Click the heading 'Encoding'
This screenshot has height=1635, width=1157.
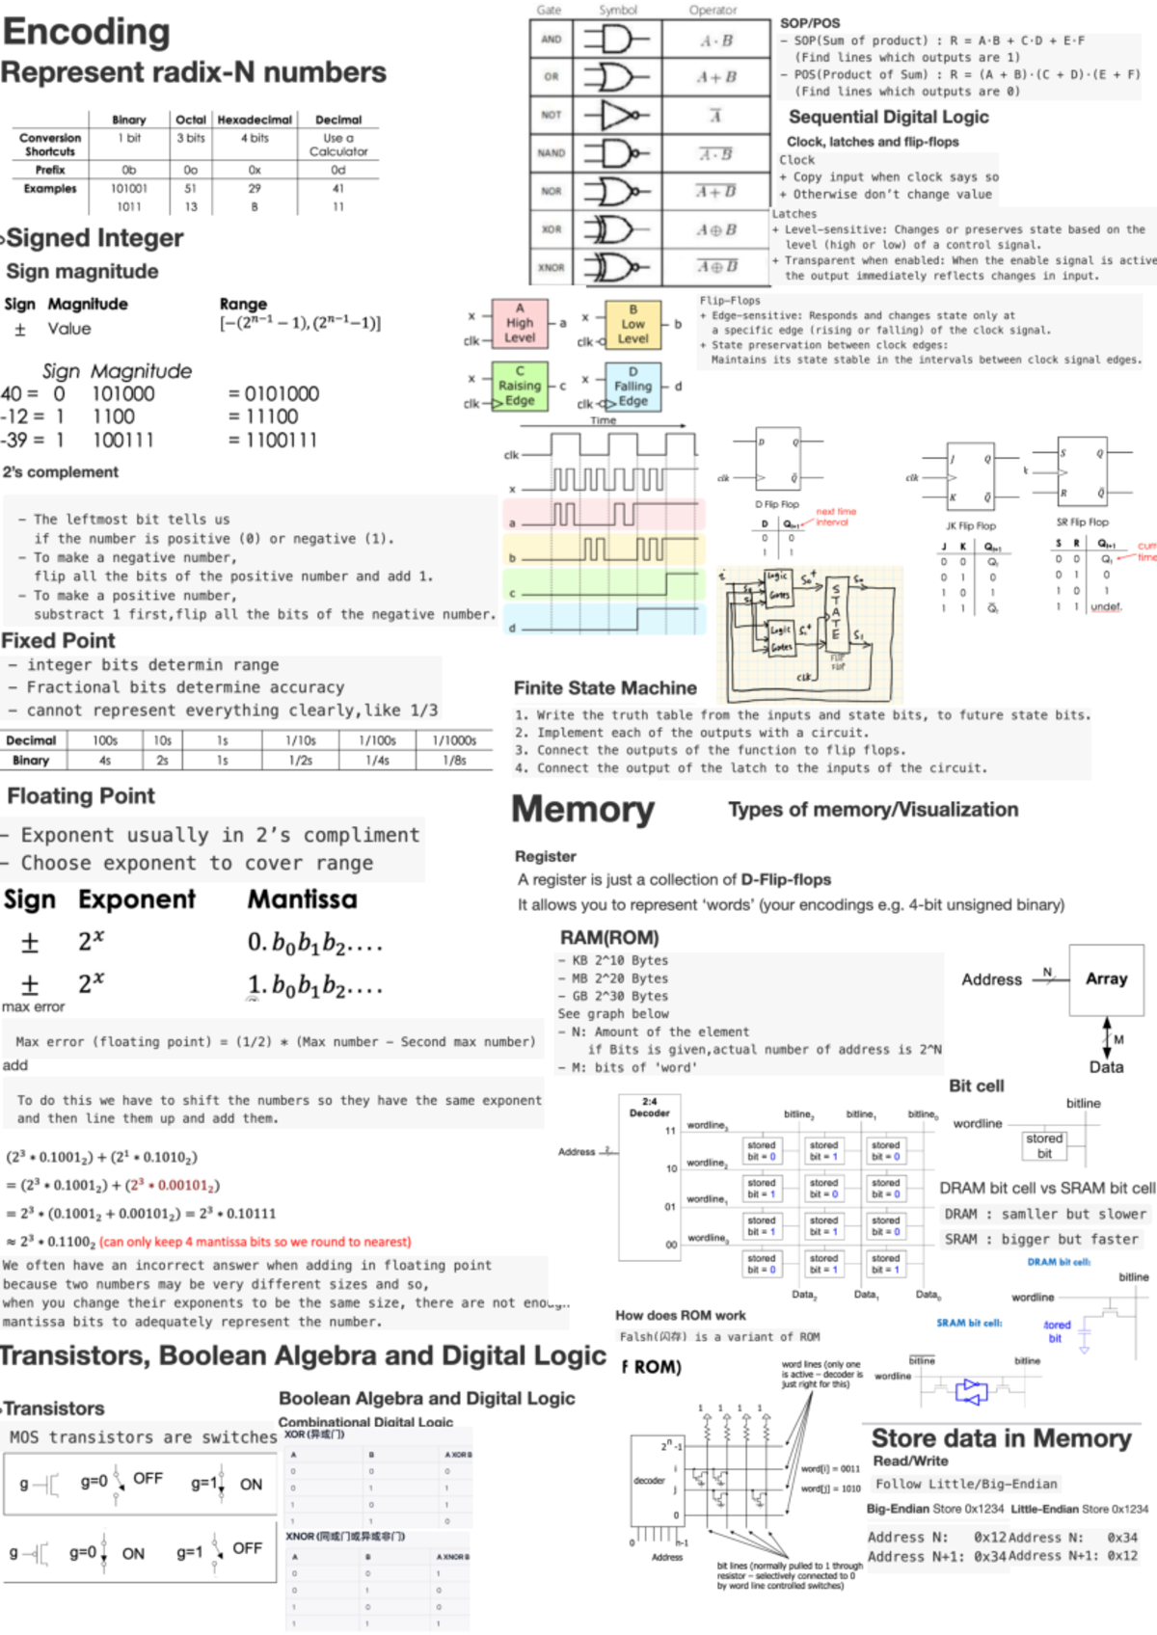(87, 32)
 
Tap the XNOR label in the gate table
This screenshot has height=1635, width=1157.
(551, 267)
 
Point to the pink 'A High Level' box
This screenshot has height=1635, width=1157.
(519, 323)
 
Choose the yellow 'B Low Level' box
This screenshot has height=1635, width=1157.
(632, 324)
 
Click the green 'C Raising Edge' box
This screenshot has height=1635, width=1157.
(519, 386)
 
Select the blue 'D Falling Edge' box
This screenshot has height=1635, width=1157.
(632, 387)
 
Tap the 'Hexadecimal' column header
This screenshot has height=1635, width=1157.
(255, 120)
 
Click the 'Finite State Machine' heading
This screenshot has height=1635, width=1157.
(605, 687)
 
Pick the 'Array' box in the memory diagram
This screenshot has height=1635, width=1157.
(1106, 978)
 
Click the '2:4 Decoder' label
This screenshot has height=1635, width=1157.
(649, 1107)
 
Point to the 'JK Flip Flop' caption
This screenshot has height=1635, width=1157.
(971, 526)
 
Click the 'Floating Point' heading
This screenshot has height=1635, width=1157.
(81, 796)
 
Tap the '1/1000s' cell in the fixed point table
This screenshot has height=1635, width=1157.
(454, 740)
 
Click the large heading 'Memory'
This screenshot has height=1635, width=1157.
(582, 810)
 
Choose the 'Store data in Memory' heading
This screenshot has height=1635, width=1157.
(1001, 1438)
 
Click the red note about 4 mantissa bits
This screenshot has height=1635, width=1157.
(255, 1242)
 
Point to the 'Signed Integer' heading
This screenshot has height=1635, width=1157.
(94, 238)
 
